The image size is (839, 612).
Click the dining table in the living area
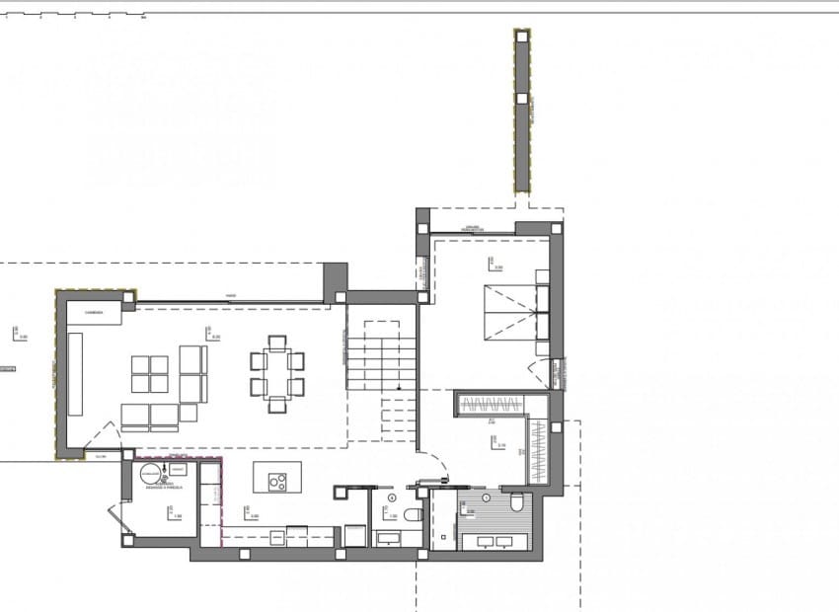click(x=277, y=374)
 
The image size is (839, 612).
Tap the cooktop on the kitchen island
click(x=278, y=483)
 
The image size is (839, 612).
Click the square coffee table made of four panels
click(x=151, y=374)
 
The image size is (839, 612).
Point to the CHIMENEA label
click(x=94, y=313)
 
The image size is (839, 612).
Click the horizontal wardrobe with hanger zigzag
click(x=491, y=404)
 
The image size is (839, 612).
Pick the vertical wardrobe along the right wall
click(x=538, y=450)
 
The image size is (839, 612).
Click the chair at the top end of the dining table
click(x=277, y=343)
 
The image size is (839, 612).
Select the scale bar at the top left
click(x=74, y=16)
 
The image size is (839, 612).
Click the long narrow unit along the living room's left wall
click(x=75, y=374)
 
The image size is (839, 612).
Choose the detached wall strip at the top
click(x=522, y=111)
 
